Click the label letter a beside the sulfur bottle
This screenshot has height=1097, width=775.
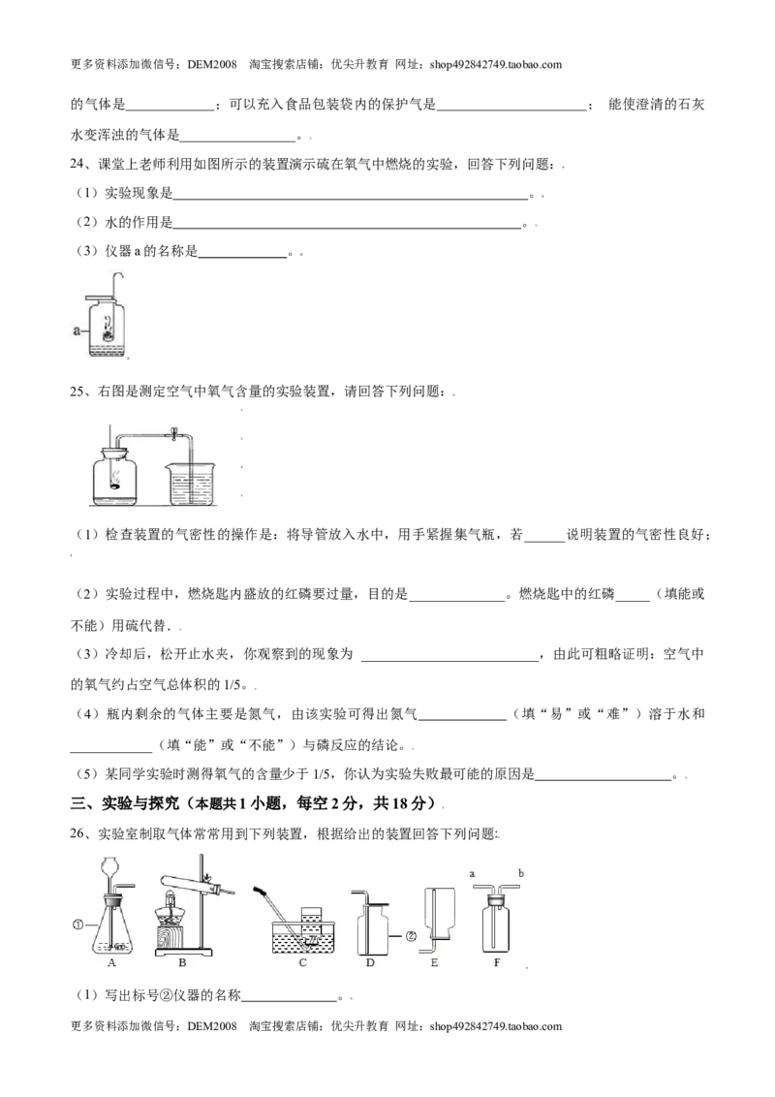click(77, 330)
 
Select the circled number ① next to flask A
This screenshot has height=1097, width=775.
click(77, 925)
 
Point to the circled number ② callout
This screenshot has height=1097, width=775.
click(412, 935)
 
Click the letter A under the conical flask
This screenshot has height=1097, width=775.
click(112, 962)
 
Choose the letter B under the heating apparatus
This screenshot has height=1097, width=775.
click(182, 962)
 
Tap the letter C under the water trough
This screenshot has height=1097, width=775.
click(303, 962)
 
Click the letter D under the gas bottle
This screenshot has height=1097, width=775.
click(370, 962)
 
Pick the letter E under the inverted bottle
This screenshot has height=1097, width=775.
click(434, 962)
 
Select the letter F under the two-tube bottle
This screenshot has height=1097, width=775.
click(497, 962)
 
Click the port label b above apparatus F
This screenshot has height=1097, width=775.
click(521, 873)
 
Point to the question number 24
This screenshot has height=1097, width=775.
click(77, 165)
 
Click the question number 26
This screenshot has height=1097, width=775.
click(77, 833)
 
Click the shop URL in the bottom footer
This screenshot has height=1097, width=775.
click(496, 1026)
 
